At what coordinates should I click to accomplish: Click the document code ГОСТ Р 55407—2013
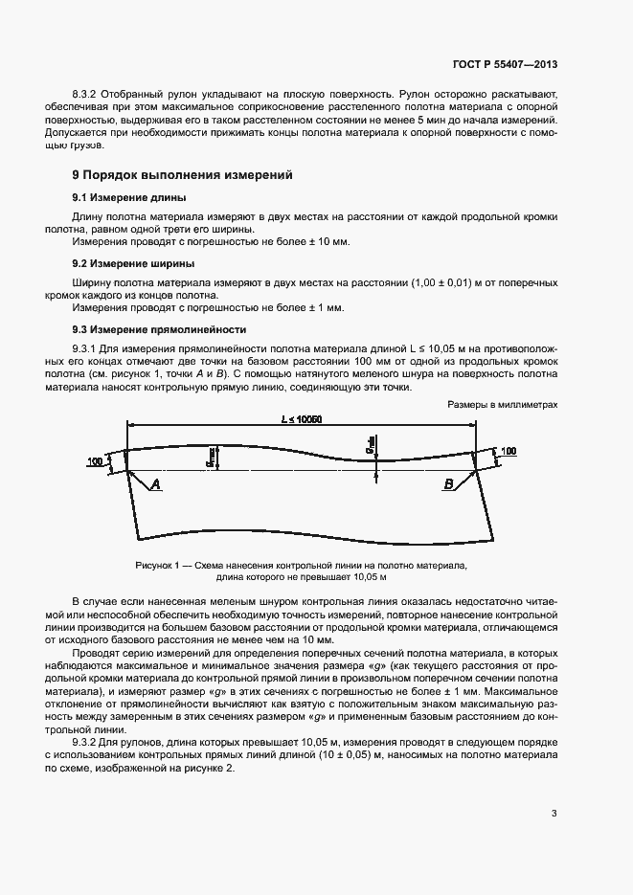505,64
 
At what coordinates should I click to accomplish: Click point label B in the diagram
447,485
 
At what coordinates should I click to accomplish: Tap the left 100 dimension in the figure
95,461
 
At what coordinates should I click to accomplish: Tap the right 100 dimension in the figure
508,450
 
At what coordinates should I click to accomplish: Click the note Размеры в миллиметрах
502,405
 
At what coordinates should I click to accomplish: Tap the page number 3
554,814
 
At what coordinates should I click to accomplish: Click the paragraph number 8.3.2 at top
87,95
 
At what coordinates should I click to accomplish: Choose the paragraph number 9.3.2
87,742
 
